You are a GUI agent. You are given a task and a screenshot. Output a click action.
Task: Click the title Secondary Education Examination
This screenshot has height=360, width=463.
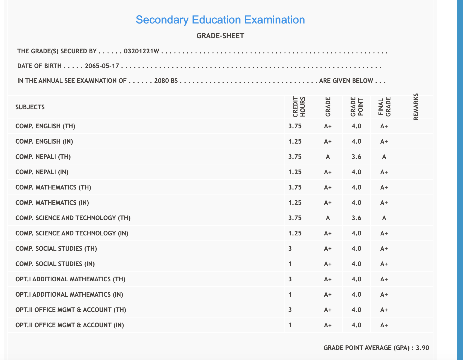(x=220, y=20)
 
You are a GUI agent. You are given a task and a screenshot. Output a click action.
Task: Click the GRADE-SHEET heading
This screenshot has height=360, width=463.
(x=220, y=36)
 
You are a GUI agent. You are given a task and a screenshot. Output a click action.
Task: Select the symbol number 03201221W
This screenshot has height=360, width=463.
(x=141, y=51)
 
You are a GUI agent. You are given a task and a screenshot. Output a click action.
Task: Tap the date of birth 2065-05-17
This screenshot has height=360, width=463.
(x=102, y=66)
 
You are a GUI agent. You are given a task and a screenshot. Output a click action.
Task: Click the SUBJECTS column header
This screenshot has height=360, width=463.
(x=30, y=107)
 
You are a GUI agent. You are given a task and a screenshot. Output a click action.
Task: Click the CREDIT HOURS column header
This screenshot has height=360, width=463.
(x=299, y=107)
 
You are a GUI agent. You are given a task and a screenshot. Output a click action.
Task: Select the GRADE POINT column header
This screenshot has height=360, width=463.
(x=357, y=107)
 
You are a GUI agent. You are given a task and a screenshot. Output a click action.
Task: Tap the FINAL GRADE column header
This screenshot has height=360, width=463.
(x=384, y=107)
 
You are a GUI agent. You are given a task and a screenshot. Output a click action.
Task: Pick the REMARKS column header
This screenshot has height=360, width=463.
(x=416, y=107)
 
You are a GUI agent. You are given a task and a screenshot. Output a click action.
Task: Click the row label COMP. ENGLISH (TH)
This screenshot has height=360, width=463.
(x=45, y=126)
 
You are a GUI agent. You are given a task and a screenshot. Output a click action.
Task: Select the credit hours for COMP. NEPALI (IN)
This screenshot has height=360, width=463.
(x=295, y=172)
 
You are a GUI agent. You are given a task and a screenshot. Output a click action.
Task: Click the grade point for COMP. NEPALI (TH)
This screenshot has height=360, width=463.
(x=356, y=157)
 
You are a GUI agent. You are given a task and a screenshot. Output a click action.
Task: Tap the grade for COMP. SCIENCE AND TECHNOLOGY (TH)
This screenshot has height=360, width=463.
(x=328, y=218)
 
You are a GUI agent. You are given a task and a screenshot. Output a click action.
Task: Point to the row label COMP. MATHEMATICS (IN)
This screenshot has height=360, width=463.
(x=52, y=203)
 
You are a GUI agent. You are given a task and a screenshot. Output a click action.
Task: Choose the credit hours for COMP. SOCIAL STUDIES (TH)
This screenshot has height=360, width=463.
(x=290, y=249)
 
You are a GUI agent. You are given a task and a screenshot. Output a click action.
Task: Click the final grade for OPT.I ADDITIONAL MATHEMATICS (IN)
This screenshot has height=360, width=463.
(x=384, y=295)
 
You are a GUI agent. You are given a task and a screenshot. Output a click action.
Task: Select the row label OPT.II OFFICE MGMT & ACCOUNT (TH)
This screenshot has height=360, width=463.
(x=71, y=310)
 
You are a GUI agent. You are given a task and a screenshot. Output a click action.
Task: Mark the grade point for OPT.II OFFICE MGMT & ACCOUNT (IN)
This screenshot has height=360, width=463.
(x=356, y=325)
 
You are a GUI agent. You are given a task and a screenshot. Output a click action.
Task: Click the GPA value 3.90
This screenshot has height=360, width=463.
(x=422, y=348)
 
